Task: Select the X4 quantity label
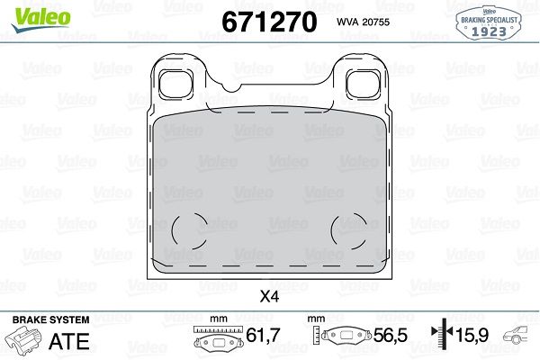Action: [x=269, y=295]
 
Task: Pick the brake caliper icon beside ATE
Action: [x=23, y=343]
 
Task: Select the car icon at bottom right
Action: [x=519, y=338]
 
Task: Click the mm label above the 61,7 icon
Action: [x=216, y=319]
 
